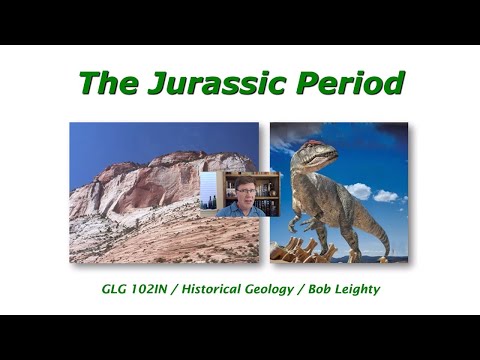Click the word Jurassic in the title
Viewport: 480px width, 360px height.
pyautogui.click(x=222, y=83)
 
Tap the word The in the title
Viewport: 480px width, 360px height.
pyautogui.click(x=107, y=83)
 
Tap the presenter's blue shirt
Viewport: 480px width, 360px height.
pyautogui.click(x=244, y=210)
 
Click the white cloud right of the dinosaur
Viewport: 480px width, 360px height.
pyautogui.click(x=386, y=195)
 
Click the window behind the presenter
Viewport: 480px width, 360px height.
pyautogui.click(x=208, y=189)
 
